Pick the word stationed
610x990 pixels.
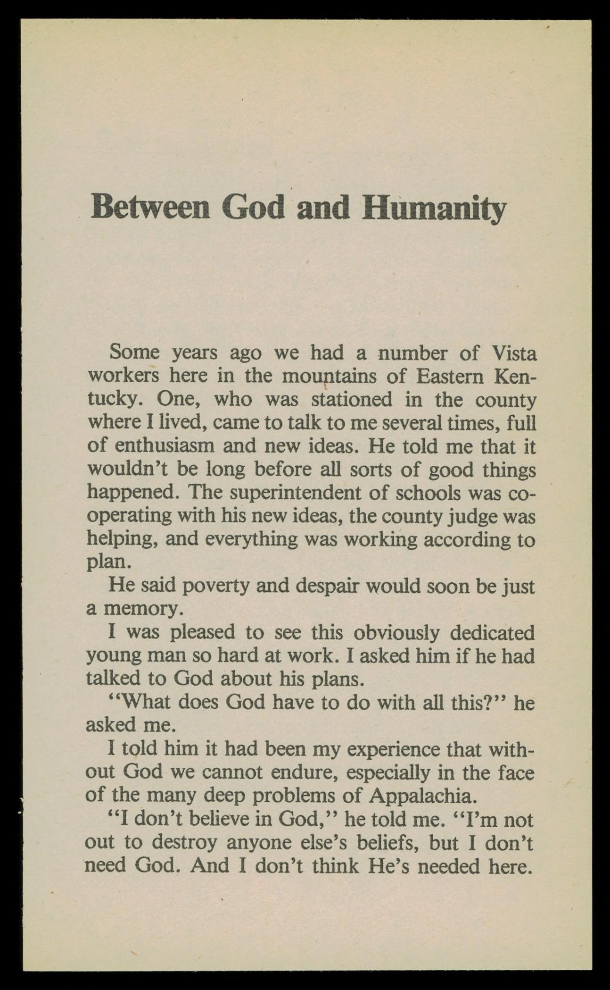352,400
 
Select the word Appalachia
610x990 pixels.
420,796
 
